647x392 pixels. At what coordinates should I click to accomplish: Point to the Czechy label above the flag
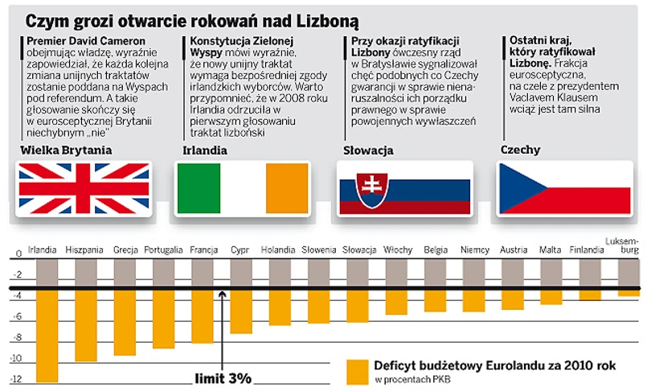(520, 150)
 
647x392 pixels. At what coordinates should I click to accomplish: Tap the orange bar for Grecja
(125, 323)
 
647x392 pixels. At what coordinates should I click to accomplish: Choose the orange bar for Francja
(203, 317)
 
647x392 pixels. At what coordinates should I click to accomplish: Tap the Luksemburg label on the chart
(624, 246)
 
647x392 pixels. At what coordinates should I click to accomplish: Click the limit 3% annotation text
(223, 378)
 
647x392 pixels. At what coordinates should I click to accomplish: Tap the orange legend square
(355, 371)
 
